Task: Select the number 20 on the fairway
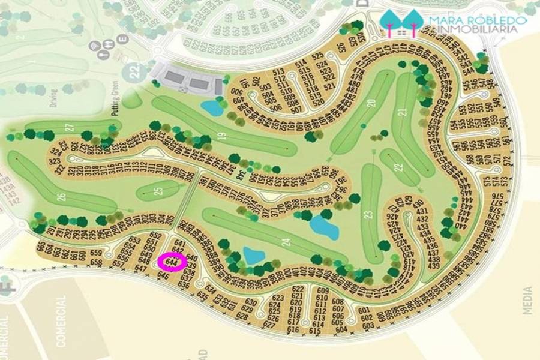[371, 103]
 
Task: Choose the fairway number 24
[286, 243]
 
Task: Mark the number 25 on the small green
[158, 191]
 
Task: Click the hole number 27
[69, 127]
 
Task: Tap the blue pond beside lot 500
[211, 108]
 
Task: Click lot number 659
[96, 253]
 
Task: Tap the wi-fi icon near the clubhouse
[94, 46]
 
